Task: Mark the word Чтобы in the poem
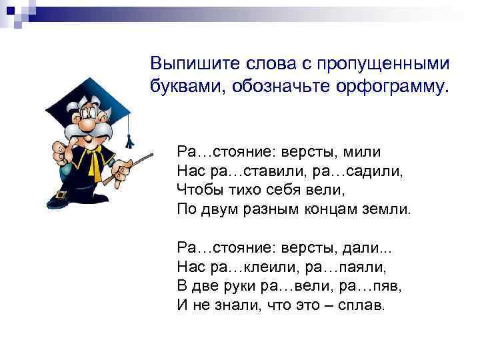[x=199, y=190]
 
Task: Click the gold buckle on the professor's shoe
[x=61, y=195]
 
